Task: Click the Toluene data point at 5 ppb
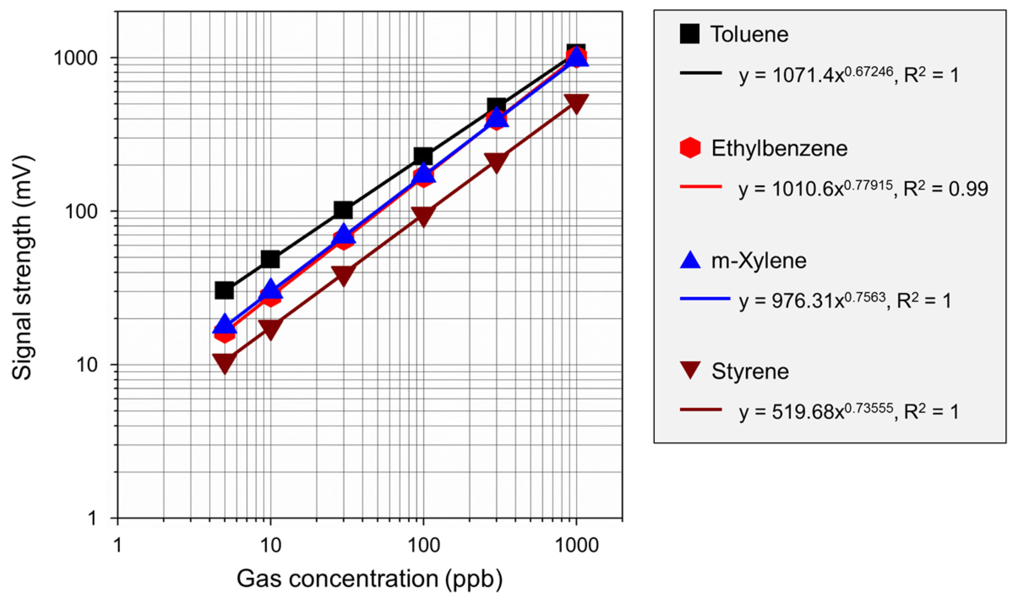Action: click(x=224, y=290)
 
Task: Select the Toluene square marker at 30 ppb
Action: click(x=343, y=209)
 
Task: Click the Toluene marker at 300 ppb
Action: click(x=496, y=106)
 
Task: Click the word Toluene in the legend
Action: click(x=749, y=34)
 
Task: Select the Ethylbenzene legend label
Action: click(x=779, y=148)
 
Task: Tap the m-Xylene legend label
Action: click(x=759, y=260)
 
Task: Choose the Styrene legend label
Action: click(x=750, y=371)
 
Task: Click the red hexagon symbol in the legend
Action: click(x=690, y=148)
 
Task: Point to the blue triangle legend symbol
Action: click(x=690, y=260)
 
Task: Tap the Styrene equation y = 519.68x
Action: click(x=816, y=412)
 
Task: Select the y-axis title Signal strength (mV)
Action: click(x=22, y=268)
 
